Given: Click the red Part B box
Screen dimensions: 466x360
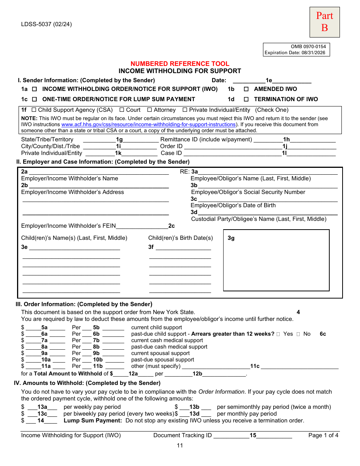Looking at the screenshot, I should click(x=324, y=22).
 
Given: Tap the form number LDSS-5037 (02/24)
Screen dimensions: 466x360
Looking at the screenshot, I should click(x=46, y=25).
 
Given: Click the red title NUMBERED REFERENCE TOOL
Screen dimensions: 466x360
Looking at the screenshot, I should click(x=180, y=64).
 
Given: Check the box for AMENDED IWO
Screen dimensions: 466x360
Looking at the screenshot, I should click(x=246, y=89).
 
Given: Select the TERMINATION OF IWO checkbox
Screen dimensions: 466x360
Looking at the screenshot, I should click(x=246, y=99).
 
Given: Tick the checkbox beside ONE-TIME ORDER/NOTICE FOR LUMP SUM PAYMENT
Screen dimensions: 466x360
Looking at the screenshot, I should click(x=34, y=99).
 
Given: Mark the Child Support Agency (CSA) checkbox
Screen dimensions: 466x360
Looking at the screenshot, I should click(x=34, y=110).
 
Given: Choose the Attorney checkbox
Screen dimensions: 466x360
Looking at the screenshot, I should click(x=150, y=110).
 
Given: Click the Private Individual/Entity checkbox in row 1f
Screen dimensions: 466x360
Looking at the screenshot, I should click(x=185, y=110).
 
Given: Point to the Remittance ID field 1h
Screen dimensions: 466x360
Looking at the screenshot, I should click(x=294, y=139).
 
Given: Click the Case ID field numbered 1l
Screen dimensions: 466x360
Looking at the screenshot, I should click(x=260, y=153).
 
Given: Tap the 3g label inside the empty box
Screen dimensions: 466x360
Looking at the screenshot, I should click(x=231, y=238).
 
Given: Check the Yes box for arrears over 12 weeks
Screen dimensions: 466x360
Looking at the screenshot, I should click(x=279, y=334).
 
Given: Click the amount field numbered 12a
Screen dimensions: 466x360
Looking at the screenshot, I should click(x=133, y=374).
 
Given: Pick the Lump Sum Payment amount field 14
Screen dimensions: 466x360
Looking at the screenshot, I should click(x=41, y=421).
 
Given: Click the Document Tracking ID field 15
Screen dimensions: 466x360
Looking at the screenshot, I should click(x=253, y=435).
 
